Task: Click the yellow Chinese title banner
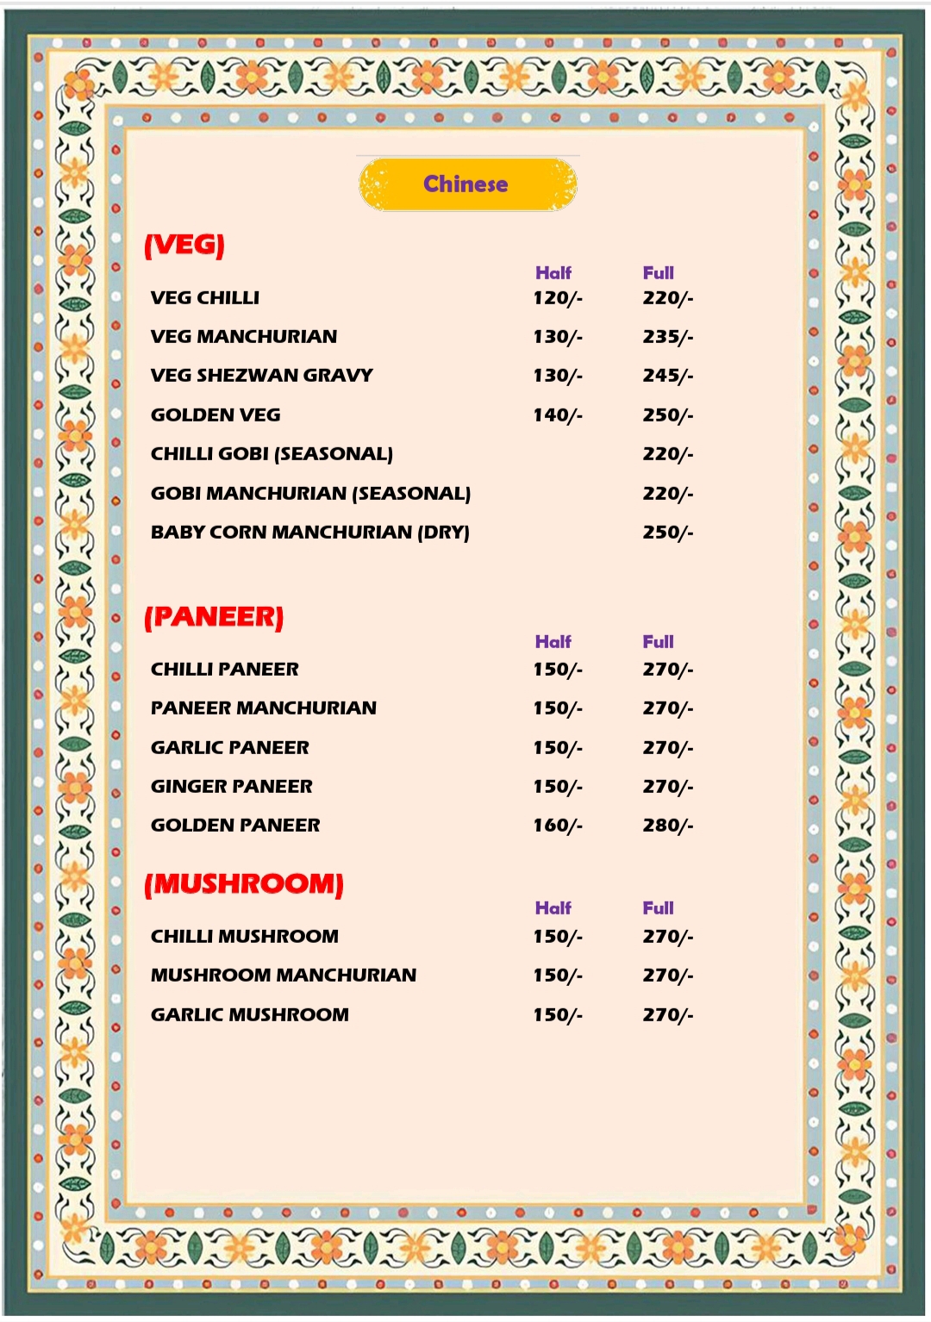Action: click(467, 184)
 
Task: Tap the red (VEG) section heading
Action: click(184, 245)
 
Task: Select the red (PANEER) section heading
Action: click(214, 617)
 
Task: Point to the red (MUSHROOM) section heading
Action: click(244, 884)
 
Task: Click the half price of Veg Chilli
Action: click(558, 298)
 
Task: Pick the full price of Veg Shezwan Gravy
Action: click(667, 376)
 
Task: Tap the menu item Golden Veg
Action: click(216, 415)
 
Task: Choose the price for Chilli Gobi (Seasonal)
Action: click(667, 454)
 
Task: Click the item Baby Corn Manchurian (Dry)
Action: click(310, 533)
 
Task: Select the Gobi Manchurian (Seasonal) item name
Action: click(310, 494)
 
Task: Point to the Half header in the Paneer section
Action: click(553, 642)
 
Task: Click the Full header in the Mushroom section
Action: click(659, 908)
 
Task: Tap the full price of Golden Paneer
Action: click(667, 826)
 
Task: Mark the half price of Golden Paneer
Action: click(558, 826)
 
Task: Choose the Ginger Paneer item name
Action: click(232, 787)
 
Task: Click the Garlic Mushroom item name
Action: click(250, 1015)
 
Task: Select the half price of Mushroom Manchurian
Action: click(558, 976)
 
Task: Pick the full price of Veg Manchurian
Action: click(667, 337)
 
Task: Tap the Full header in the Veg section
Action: click(659, 273)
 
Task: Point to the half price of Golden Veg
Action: click(558, 415)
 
